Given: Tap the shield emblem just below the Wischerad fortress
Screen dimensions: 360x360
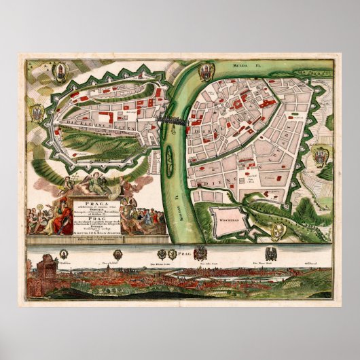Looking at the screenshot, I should tap(276, 232).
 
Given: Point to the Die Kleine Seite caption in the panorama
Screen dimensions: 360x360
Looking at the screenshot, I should tap(155, 260).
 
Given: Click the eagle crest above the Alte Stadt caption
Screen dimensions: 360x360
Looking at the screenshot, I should tap(202, 253).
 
